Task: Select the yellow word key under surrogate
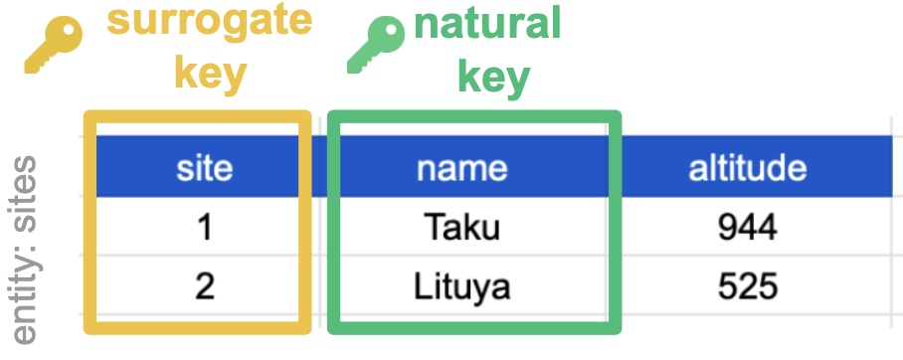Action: click(x=210, y=73)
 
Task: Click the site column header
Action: click(x=204, y=167)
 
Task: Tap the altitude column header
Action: click(x=747, y=167)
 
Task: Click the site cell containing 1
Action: click(x=204, y=229)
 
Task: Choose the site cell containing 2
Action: click(x=204, y=287)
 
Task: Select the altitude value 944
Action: click(x=747, y=229)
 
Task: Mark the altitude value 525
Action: click(x=747, y=287)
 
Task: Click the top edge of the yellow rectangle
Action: click(x=198, y=116)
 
